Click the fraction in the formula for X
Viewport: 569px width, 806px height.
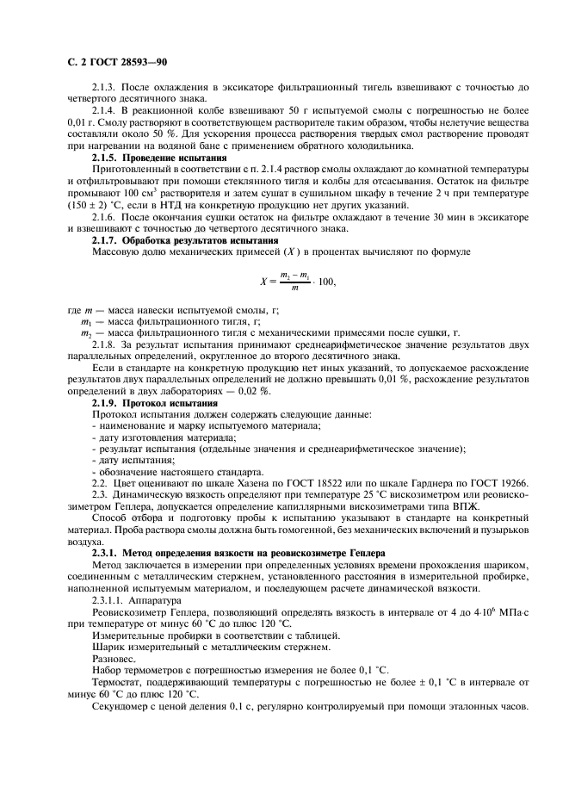coord(292,280)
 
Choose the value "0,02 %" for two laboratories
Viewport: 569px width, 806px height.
coord(252,392)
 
